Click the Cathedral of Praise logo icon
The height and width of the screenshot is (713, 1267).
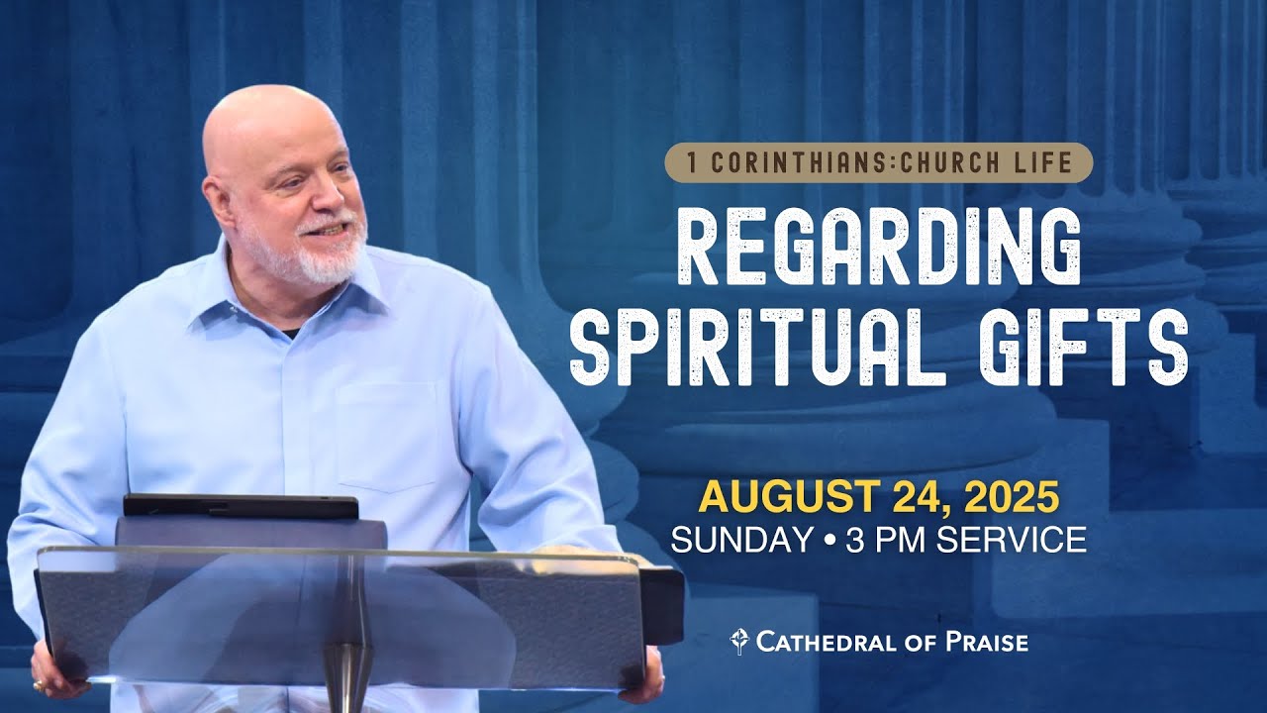[x=738, y=642]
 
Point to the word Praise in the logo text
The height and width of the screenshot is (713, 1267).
[x=984, y=642]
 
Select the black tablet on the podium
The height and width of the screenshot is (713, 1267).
[x=241, y=507]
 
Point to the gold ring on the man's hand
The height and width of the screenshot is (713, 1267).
[x=38, y=684]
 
